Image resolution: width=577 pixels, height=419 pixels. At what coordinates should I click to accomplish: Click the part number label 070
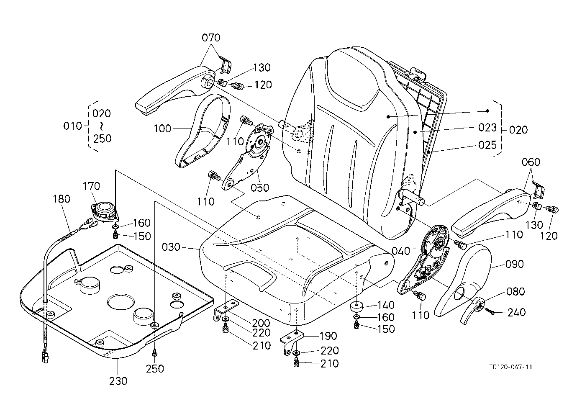[x=211, y=38]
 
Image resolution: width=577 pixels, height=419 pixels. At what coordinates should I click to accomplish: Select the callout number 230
[x=118, y=381]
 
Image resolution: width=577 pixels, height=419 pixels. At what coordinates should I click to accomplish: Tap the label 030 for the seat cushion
[x=171, y=247]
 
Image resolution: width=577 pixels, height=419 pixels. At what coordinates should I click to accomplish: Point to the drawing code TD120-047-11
[x=510, y=367]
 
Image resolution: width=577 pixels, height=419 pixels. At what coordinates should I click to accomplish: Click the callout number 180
[x=62, y=199]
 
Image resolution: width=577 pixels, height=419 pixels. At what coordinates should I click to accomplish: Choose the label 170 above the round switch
[x=92, y=186]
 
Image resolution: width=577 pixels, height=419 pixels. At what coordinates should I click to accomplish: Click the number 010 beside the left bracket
[x=73, y=126]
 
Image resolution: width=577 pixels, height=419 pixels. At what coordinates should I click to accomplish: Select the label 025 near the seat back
[x=487, y=145]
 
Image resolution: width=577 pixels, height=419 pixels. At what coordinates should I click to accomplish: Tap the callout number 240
[x=516, y=312]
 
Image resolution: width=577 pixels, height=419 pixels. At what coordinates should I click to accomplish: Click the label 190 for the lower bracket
[x=328, y=336]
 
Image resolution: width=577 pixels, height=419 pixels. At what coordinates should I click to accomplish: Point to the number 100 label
[x=162, y=129]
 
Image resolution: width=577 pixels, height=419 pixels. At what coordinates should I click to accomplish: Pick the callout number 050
[x=260, y=188]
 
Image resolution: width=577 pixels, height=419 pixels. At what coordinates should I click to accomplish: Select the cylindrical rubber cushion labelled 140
[x=356, y=307]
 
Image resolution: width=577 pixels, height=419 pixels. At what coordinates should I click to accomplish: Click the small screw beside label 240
[x=490, y=311]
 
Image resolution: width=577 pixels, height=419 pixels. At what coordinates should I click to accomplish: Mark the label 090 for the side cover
[x=514, y=264]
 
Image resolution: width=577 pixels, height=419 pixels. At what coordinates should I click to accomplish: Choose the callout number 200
[x=261, y=323]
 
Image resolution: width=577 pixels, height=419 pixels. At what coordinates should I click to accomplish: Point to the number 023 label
[x=487, y=128]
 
